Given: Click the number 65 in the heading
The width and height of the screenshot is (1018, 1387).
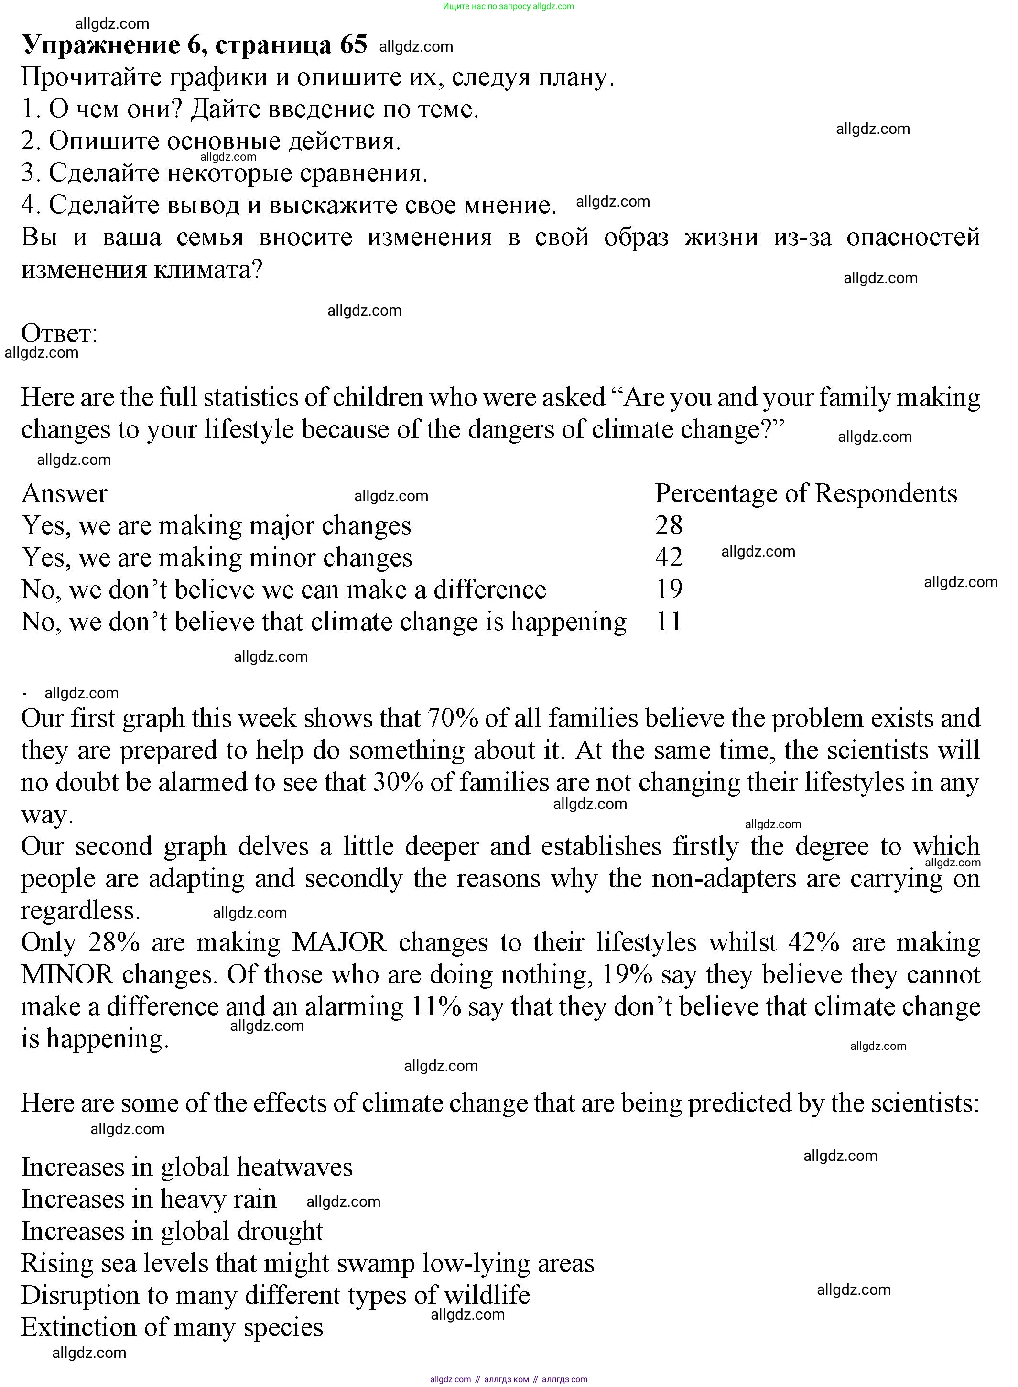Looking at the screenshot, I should [x=353, y=44].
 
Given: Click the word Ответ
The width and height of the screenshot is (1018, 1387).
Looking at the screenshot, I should [x=59, y=334].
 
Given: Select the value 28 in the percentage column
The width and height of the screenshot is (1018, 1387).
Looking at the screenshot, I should [x=669, y=525].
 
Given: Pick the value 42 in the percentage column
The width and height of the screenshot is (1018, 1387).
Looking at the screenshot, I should [x=669, y=557].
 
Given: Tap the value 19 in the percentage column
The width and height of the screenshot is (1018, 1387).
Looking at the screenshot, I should [x=669, y=590].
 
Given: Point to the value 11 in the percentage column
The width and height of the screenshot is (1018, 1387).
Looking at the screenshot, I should [x=669, y=622].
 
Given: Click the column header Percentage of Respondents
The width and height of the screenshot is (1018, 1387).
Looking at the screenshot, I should [x=805, y=493].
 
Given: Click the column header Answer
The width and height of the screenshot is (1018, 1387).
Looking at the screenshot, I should [x=64, y=493].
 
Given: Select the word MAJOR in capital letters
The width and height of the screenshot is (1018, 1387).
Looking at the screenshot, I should [x=339, y=942].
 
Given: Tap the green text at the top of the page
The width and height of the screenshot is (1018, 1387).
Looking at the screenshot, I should [x=509, y=6].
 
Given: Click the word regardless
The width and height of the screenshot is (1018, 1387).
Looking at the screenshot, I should [x=81, y=910].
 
